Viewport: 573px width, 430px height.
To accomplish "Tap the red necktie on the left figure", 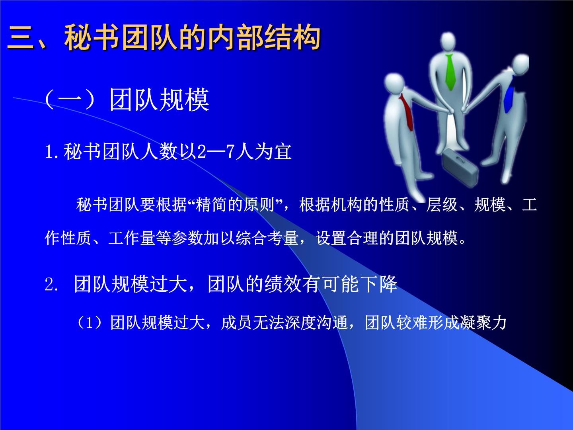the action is pyautogui.click(x=407, y=112).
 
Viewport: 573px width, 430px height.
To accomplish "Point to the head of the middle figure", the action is pyautogui.click(x=448, y=41).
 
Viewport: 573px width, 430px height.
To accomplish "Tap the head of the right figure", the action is pyautogui.click(x=520, y=64).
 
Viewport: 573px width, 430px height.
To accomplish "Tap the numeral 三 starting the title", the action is pyautogui.click(x=21, y=37).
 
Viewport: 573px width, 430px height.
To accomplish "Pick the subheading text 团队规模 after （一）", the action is pyautogui.click(x=159, y=100).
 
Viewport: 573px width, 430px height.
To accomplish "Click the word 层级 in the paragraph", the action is pyautogui.click(x=442, y=204).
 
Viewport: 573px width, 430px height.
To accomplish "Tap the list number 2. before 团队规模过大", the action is pyautogui.click(x=51, y=284).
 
